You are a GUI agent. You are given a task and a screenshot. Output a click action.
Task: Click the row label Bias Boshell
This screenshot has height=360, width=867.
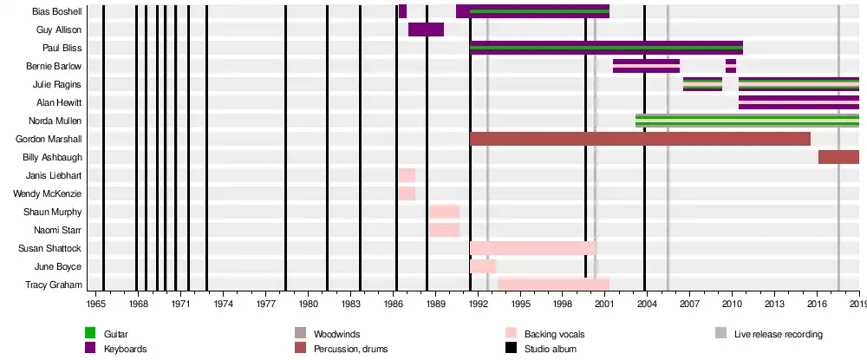56,12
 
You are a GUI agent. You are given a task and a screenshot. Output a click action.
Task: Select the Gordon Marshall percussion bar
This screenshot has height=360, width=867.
640,139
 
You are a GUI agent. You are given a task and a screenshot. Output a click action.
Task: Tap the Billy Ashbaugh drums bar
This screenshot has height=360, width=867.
838,157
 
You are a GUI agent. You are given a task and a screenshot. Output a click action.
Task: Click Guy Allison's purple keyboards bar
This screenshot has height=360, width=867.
426,29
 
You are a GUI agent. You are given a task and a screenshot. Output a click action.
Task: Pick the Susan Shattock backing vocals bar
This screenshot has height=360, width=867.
532,248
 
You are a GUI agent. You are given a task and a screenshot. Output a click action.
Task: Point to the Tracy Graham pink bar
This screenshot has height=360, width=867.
553,285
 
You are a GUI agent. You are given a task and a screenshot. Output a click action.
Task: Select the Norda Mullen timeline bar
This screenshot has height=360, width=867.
746,121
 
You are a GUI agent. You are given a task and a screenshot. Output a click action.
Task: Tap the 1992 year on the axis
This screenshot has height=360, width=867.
478,304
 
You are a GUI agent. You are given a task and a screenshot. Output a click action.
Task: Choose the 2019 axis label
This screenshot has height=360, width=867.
858,304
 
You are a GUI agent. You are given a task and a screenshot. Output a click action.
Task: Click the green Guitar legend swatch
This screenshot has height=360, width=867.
90,333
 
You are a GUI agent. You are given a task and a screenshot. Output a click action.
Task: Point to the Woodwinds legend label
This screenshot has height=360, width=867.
336,334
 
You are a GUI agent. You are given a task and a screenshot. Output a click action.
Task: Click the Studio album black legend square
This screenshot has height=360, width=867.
511,349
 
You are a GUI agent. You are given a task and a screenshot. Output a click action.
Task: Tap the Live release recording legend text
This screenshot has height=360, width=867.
778,334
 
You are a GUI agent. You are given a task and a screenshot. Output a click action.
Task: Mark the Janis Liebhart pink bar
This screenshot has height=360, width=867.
407,175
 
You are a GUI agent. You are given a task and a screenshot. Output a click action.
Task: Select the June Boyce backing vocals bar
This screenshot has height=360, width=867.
483,266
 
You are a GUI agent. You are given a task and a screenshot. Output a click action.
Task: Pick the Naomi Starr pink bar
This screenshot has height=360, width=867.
444,230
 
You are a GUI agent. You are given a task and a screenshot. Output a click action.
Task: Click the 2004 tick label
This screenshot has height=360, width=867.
647,304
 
